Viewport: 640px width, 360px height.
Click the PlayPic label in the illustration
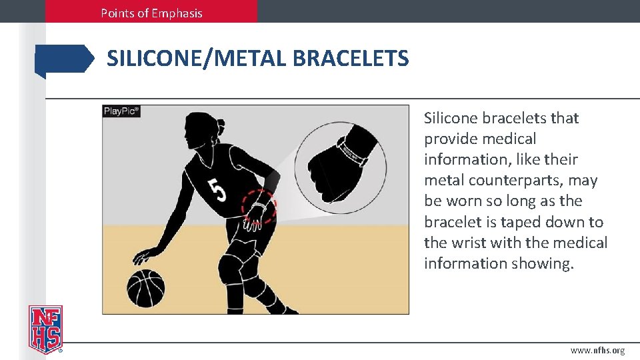click(121, 111)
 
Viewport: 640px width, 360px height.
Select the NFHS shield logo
click(45, 329)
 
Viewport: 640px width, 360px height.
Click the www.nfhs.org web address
click(597, 351)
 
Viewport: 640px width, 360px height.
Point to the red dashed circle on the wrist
click(258, 207)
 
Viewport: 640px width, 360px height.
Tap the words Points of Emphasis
click(151, 13)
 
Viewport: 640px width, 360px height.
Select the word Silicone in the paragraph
click(451, 118)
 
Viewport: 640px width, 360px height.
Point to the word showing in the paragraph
click(542, 263)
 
